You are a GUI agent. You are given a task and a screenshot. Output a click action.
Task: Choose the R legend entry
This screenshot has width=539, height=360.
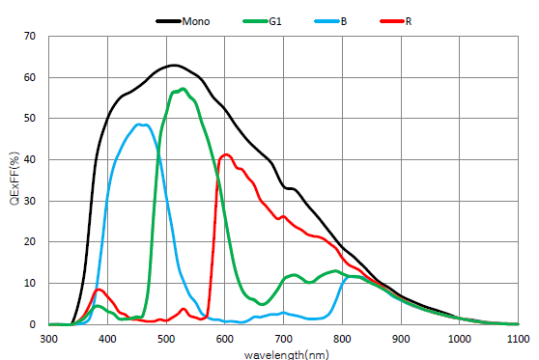point(408,18)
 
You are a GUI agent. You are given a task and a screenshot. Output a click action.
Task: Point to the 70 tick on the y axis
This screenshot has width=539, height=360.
point(29,37)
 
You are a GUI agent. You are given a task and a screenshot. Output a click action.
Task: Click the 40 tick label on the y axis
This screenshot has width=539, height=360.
point(29,160)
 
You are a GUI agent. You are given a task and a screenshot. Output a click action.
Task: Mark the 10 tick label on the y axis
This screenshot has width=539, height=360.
point(29,284)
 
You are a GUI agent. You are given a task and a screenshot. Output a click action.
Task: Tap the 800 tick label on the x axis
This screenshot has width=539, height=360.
point(342,339)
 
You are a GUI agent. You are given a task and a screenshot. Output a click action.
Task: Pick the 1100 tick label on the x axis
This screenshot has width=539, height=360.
point(517,339)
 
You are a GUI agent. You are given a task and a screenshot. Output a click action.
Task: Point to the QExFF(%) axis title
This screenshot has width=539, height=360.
point(13,180)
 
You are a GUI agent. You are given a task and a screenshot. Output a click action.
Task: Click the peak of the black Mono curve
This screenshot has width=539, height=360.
point(173,66)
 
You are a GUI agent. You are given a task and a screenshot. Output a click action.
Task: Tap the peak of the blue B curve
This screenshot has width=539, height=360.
point(141,125)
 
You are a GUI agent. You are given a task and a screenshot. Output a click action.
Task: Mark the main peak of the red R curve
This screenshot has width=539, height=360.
point(226,154)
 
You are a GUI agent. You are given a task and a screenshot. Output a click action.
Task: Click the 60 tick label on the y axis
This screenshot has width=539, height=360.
point(29,78)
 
